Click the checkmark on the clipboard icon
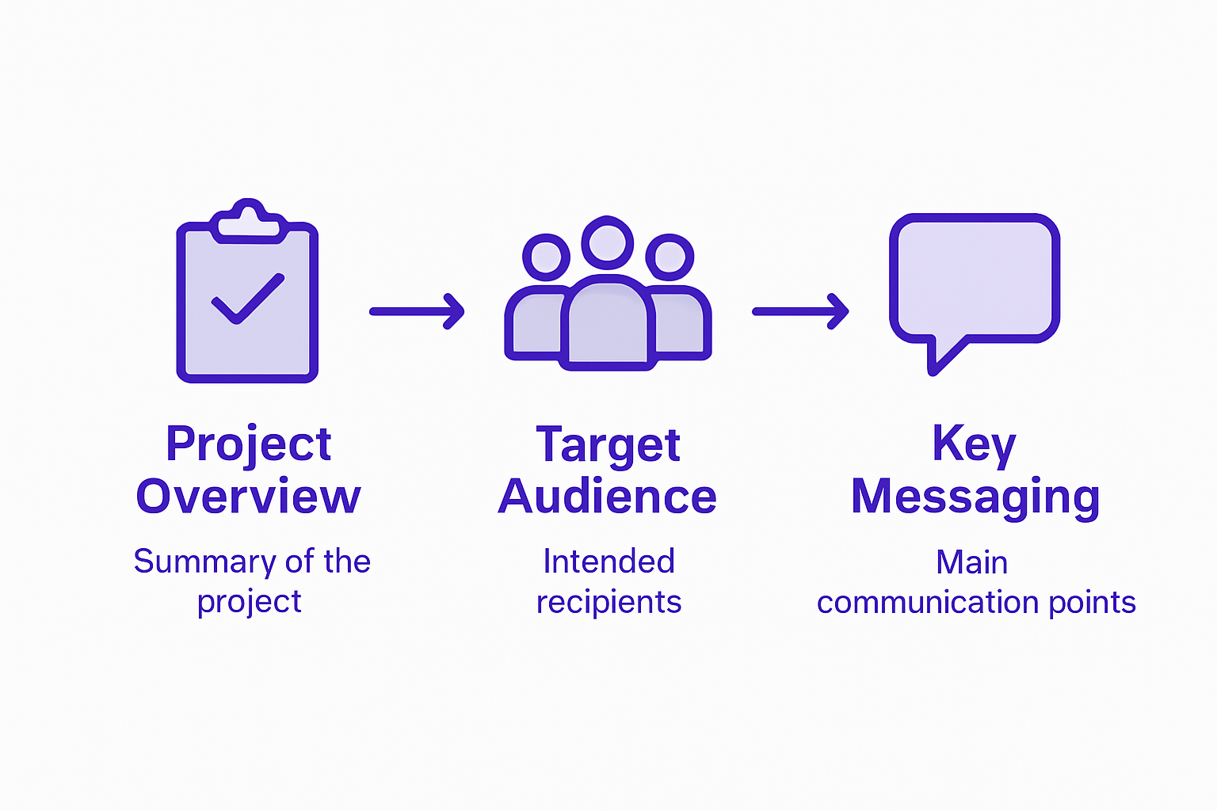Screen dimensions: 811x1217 pos(247,299)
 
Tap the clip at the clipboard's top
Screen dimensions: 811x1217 pos(248,221)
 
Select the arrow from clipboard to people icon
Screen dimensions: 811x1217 pos(417,311)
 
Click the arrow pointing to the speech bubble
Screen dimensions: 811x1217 pos(800,311)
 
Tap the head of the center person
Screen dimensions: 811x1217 pos(608,242)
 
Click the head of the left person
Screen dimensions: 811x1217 pos(546,257)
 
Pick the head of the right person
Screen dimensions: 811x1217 pos(670,257)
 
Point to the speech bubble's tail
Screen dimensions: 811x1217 pos(943,356)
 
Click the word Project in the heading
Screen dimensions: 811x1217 pos(248,444)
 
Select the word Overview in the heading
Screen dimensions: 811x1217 pos(248,497)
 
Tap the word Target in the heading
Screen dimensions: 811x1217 pos(608,444)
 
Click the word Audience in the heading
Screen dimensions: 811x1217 pos(608,497)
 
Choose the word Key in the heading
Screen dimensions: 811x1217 pos(974,444)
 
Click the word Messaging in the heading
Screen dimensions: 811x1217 pos(975,498)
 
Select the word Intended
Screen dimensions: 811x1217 pos(608,562)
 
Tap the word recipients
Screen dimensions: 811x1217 pos(608,603)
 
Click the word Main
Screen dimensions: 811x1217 pos(971,562)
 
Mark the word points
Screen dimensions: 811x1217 pos(1093,603)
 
